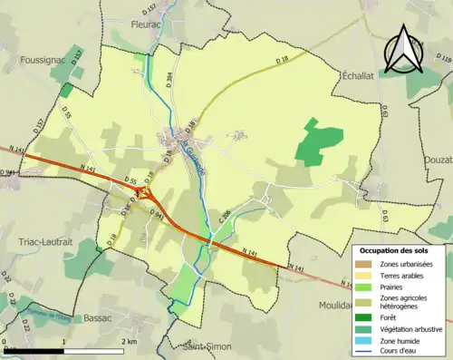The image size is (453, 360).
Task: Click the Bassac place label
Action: [x=96, y=318]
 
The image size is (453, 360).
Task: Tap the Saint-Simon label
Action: [x=205, y=345]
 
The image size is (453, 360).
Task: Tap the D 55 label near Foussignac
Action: [x=66, y=112]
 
